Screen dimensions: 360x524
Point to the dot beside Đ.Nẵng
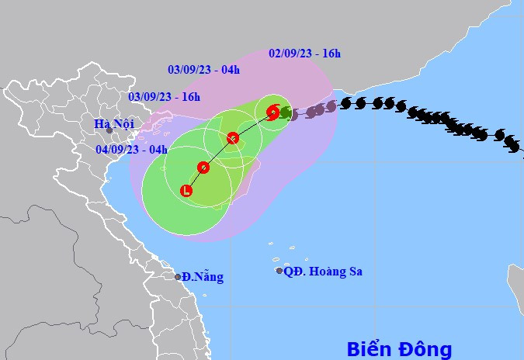(x=178, y=277)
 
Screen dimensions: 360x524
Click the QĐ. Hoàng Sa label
(x=324, y=272)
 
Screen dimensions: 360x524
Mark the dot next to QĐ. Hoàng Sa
(x=279, y=271)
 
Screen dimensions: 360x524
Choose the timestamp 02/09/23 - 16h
(x=305, y=54)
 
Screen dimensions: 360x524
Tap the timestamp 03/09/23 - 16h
(x=165, y=97)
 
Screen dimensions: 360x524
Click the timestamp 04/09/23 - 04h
(x=132, y=149)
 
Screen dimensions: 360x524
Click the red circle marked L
(x=186, y=190)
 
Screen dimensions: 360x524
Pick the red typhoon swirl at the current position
(x=272, y=112)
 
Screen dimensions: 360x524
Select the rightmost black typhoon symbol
(x=512, y=146)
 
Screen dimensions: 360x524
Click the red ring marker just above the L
(x=203, y=167)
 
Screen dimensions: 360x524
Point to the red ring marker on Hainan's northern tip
(x=233, y=138)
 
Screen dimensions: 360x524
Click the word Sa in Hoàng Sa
(x=354, y=272)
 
